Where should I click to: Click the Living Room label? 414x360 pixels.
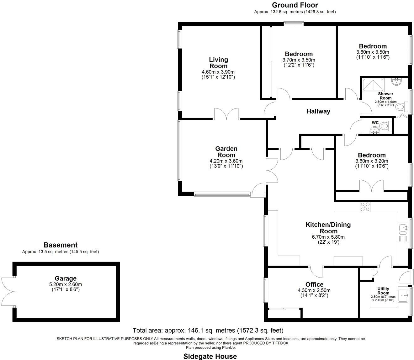(x=218, y=63)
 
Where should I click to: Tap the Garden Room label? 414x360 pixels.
(x=226, y=152)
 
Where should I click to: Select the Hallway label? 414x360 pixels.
(x=318, y=111)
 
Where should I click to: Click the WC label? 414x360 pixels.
(x=375, y=122)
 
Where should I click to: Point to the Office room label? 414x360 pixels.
(x=314, y=284)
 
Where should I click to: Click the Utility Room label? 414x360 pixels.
(x=383, y=291)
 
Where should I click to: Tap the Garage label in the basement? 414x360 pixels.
(x=66, y=278)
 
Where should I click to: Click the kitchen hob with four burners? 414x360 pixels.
(x=365, y=207)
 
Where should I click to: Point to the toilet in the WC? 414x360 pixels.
(x=384, y=126)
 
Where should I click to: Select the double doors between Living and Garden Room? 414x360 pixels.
(x=227, y=115)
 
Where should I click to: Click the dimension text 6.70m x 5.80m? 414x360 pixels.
(x=328, y=237)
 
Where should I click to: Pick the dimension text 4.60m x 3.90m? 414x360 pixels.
(x=218, y=72)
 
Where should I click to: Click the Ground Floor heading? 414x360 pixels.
(x=295, y=5)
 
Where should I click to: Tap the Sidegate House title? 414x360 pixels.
(x=210, y=356)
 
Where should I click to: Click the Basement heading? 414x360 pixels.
(x=60, y=245)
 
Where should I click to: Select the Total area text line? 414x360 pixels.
(x=208, y=330)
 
